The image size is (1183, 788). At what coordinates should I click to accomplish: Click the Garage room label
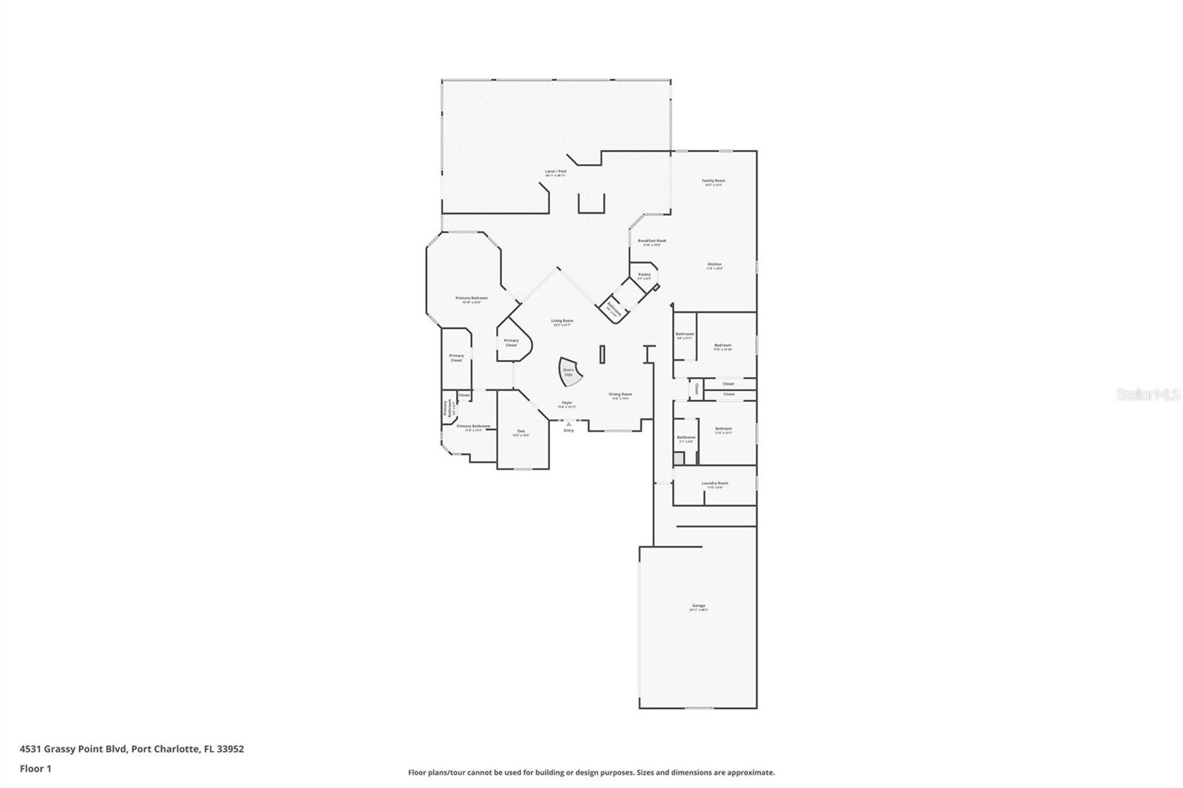click(x=698, y=607)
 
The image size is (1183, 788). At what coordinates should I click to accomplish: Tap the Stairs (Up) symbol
click(x=569, y=372)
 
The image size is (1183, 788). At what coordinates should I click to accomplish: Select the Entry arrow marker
click(x=568, y=424)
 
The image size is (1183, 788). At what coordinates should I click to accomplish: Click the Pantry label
click(x=645, y=276)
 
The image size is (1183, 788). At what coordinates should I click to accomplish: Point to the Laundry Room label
click(x=714, y=485)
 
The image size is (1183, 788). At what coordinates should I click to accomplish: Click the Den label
click(x=521, y=432)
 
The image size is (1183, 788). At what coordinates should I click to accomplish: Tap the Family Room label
click(x=713, y=182)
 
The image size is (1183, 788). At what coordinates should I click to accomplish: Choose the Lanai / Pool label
click(x=555, y=172)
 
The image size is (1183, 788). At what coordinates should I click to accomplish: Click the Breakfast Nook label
click(x=651, y=242)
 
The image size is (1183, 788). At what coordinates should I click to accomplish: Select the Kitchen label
click(x=714, y=265)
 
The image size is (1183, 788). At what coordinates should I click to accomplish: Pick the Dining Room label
click(x=620, y=395)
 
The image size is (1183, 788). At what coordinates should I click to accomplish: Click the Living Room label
click(x=562, y=322)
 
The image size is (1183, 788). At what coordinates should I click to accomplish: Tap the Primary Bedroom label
click(x=471, y=299)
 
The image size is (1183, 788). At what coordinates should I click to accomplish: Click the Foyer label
click(x=566, y=404)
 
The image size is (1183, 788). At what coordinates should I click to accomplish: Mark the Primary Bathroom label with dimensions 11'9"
click(x=473, y=427)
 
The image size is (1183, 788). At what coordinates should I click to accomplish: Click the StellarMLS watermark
click(x=1148, y=395)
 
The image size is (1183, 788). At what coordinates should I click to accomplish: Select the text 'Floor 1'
click(x=35, y=769)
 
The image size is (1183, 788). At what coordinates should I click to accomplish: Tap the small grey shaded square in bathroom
click(x=679, y=458)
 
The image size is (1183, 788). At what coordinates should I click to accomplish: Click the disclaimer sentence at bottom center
click(x=591, y=772)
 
